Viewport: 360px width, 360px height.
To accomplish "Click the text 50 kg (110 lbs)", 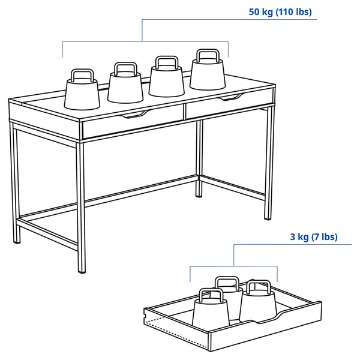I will click(280, 11).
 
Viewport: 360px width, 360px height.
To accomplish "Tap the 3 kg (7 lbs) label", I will click(313, 237).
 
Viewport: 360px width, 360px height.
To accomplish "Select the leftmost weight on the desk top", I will click(82, 93).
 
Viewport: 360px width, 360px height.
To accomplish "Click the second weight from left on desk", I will click(126, 86).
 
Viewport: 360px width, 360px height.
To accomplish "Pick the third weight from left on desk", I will click(166, 80).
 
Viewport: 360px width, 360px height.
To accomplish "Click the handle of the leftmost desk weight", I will click(82, 75).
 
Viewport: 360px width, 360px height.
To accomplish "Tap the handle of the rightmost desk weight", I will click(208, 56).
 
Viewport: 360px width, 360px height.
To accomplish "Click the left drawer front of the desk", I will click(132, 123).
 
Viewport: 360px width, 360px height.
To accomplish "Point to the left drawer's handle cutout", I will click(135, 114).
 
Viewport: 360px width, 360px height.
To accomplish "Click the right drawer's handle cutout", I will click(232, 97).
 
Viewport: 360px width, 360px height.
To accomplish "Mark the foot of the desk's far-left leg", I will click(17, 241).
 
